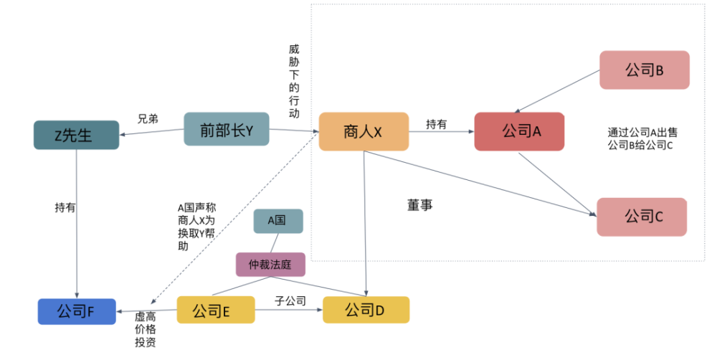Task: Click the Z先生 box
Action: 77,135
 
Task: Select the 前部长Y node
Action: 227,129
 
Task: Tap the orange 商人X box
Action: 364,132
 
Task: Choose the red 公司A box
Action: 519,131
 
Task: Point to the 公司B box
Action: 645,70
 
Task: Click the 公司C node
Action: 642,217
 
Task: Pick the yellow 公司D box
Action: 366,310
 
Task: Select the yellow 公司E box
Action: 216,310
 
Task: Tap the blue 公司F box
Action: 77,311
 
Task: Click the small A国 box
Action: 278,221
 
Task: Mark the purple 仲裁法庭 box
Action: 270,265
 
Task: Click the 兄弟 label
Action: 148,119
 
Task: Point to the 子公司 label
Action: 290,301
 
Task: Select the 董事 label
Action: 419,205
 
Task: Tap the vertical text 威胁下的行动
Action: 294,81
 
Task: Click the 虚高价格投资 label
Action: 146,329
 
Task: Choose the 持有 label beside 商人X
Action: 436,124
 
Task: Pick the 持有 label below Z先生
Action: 65,208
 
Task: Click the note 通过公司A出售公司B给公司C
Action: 642,138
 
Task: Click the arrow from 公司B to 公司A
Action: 557,91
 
